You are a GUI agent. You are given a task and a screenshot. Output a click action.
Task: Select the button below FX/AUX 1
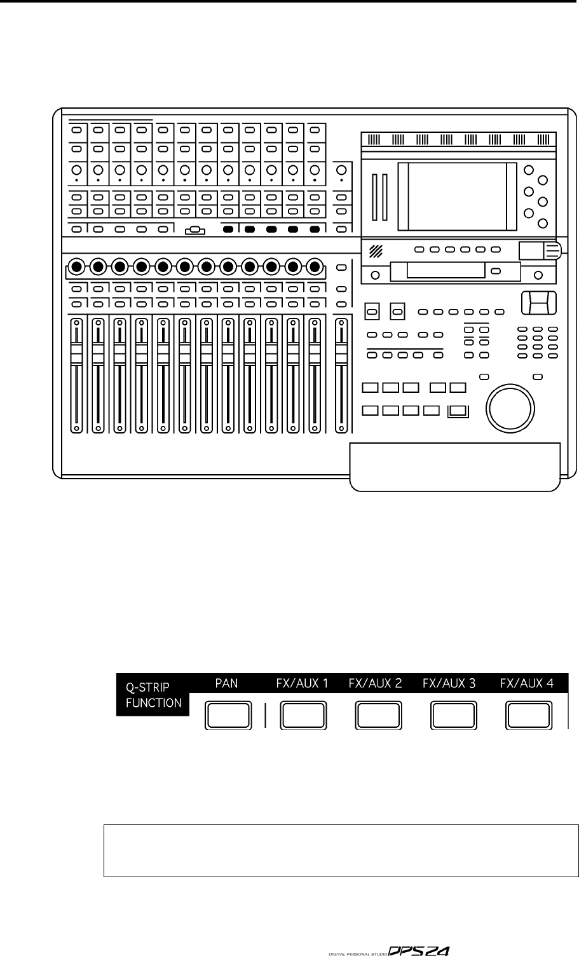point(303,716)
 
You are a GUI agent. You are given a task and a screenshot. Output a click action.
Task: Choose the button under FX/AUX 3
point(453,716)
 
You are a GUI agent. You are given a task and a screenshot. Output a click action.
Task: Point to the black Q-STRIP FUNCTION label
point(153,695)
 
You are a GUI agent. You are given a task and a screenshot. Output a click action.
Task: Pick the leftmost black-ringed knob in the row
point(76,266)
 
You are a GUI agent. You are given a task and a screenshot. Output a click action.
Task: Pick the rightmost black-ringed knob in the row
point(314,266)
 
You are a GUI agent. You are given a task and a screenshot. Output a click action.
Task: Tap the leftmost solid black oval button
point(228,229)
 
